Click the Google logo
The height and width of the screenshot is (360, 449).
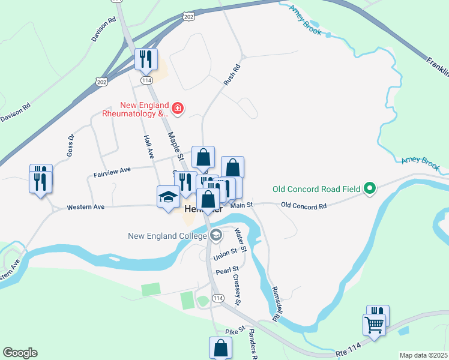point(20,353)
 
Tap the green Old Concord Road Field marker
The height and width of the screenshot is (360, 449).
point(370,189)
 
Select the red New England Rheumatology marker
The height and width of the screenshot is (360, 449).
point(178,109)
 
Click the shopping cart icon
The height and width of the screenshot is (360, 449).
point(374,325)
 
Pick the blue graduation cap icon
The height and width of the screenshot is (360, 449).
point(168,197)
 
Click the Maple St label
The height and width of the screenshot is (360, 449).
point(175,146)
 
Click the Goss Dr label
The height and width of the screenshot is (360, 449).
point(70,145)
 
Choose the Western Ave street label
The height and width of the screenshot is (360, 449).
point(86,207)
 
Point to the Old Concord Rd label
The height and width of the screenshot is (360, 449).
point(304,206)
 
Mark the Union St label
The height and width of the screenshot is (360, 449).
point(226,257)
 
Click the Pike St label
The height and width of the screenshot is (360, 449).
point(234,331)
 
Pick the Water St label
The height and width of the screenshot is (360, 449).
point(241,239)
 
